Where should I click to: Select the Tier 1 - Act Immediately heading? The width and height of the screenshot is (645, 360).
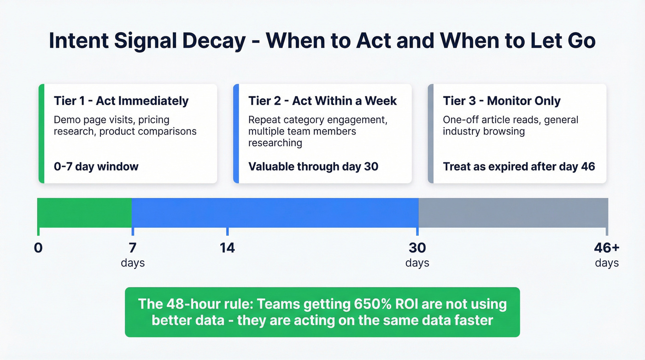pyautogui.click(x=121, y=101)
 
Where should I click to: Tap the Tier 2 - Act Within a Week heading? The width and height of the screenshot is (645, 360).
pyautogui.click(x=322, y=101)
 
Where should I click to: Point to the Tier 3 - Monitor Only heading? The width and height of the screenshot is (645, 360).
pyautogui.click(x=502, y=101)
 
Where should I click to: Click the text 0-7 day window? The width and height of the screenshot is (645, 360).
pyautogui.click(x=96, y=166)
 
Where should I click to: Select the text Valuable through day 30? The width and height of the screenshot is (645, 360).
pyautogui.click(x=313, y=166)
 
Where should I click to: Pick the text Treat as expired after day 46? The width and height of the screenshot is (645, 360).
pyautogui.click(x=519, y=166)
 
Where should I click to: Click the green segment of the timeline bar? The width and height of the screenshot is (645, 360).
pyautogui.click(x=84, y=212)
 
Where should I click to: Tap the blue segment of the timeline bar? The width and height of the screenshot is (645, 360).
pyautogui.click(x=275, y=212)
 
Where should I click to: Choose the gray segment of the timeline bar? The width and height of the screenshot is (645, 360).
pyautogui.click(x=513, y=212)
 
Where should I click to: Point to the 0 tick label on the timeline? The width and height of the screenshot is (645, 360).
pyautogui.click(x=38, y=248)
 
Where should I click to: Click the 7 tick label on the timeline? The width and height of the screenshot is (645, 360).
pyautogui.click(x=133, y=248)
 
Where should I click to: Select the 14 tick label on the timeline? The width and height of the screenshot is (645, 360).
pyautogui.click(x=227, y=248)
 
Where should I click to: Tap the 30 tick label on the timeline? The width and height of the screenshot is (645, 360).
pyautogui.click(x=417, y=248)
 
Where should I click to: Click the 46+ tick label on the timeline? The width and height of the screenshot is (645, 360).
pyautogui.click(x=607, y=248)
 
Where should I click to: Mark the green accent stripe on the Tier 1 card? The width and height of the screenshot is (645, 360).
pyautogui.click(x=41, y=134)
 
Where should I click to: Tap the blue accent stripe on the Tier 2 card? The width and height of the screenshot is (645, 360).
pyautogui.click(x=236, y=134)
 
